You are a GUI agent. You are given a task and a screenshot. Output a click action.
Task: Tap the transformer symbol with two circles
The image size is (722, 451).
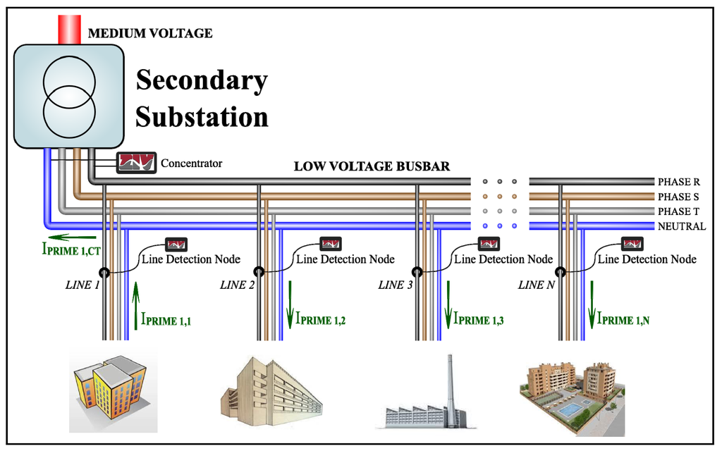tap(69, 97)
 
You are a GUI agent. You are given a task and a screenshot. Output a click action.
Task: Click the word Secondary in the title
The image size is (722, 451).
tap(201, 80)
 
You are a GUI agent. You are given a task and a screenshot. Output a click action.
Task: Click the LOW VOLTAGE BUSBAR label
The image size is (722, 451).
tap(372, 167)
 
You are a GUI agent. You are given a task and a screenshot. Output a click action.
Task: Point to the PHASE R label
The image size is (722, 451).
tap(678, 182)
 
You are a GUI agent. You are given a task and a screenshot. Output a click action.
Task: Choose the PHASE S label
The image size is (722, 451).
tap(678, 197)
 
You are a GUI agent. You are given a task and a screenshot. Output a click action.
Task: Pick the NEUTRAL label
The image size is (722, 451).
tap(681, 226)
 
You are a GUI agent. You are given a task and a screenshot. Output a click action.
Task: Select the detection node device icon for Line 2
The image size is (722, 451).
tap(331, 244)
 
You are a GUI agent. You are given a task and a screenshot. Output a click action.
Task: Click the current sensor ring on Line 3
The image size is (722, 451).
tap(417, 272)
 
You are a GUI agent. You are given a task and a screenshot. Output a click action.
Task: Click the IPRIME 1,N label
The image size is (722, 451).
tap(624, 319)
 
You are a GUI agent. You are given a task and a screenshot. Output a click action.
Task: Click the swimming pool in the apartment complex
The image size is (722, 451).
tap(566, 408)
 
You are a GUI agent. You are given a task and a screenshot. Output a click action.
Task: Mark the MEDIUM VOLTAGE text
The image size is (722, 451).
tap(149, 33)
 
